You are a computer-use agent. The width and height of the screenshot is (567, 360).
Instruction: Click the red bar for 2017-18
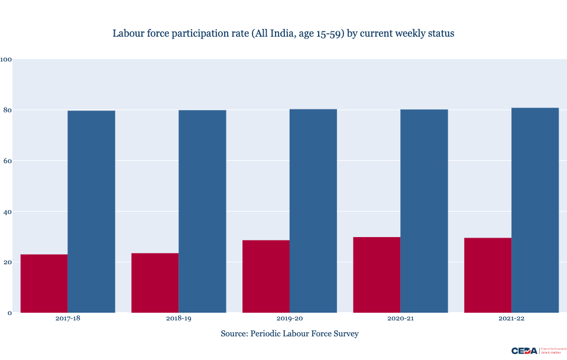coord(44,284)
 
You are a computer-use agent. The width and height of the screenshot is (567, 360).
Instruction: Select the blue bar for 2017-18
coord(91,212)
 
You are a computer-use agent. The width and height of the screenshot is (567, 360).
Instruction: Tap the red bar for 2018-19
coord(155,283)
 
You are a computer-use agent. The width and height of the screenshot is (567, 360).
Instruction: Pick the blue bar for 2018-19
coord(202,211)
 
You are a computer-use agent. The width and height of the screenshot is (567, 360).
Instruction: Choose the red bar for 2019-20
coord(265,277)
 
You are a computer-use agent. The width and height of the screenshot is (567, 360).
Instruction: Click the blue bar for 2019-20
coord(313,210)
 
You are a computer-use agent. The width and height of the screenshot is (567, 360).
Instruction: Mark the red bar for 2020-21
coord(377,275)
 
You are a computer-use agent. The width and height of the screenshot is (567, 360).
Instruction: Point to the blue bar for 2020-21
coord(424,211)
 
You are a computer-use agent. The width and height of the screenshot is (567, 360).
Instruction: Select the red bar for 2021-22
coord(487,275)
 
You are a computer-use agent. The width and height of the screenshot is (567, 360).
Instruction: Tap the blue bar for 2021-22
coord(534,210)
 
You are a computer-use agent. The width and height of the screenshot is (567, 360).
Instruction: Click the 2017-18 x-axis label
coord(67,319)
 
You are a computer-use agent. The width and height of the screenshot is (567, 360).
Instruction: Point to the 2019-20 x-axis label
coord(289,319)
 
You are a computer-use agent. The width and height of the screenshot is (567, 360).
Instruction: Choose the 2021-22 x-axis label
coord(511,319)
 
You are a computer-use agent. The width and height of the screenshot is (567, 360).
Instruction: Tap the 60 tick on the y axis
coord(8,161)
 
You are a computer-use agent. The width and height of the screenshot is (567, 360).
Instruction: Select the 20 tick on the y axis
coord(8,262)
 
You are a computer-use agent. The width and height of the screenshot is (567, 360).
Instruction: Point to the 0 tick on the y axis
coord(9,313)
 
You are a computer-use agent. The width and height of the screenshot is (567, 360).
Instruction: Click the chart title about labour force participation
coord(283,34)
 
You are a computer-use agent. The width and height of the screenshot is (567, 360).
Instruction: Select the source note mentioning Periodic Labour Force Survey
coord(289,334)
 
